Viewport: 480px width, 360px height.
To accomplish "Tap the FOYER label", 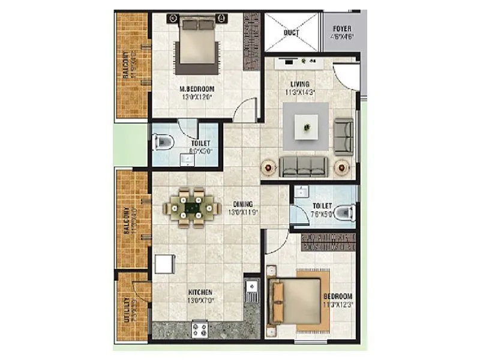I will pyautogui.click(x=343, y=29).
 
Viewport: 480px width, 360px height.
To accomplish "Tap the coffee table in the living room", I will pyautogui.click(x=307, y=127).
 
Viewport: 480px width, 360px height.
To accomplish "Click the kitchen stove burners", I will pyautogui.click(x=199, y=329).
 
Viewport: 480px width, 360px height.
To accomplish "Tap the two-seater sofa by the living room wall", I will pyautogui.click(x=344, y=136).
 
